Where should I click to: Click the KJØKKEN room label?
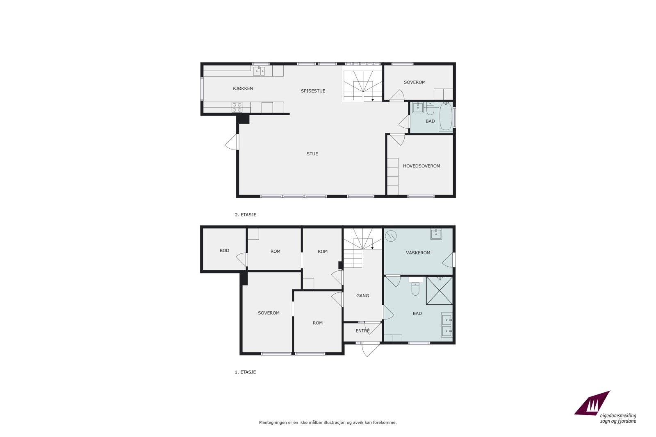coord(243,88)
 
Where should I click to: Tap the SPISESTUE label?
coord(313,91)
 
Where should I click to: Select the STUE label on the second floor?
coord(312,154)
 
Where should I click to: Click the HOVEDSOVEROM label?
coord(421,166)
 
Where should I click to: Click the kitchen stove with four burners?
coord(237,107)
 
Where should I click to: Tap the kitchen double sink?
coord(259,71)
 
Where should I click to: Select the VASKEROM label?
coord(418,253)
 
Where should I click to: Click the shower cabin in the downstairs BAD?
coord(439,291)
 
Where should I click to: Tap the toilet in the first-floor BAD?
coord(415,289)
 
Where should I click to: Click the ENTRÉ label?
coord(362,331)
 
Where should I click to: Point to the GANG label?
coord(362,296)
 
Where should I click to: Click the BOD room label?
coord(224,251)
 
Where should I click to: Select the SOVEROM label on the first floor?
coord(269,313)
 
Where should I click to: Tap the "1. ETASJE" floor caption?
coord(245,372)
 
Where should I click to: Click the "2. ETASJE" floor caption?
coord(245,215)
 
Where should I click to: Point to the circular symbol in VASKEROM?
coord(391,236)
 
